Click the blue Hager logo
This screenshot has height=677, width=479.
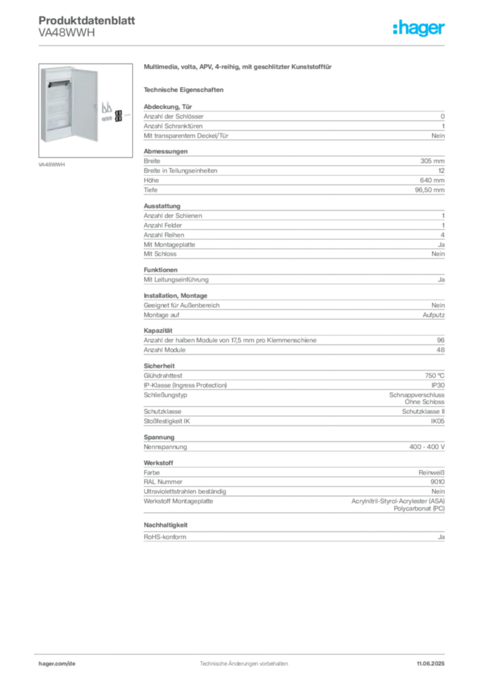[420, 28]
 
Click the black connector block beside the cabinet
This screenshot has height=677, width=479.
[118, 115]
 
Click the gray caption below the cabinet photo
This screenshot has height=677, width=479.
[52, 165]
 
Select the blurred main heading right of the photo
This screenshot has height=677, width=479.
[238, 68]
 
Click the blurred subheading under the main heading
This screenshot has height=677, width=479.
[185, 89]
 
